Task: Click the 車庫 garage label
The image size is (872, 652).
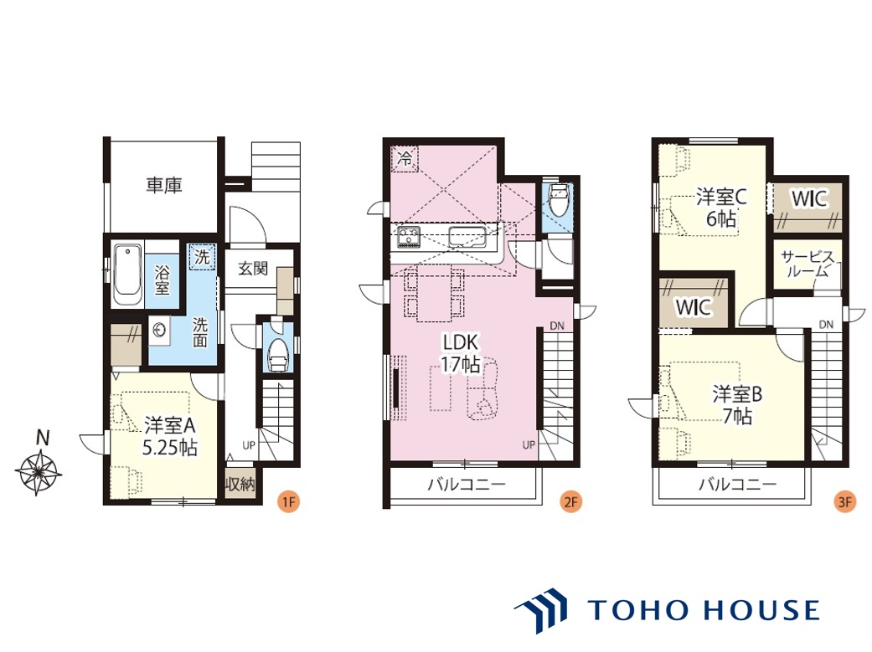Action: point(164,185)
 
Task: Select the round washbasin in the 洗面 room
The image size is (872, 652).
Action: point(160,331)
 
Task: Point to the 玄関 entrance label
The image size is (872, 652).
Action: point(253,269)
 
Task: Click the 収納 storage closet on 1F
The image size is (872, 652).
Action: point(240,484)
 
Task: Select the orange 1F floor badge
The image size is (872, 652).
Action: point(288,502)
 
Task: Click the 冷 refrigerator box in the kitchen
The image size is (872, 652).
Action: point(405,159)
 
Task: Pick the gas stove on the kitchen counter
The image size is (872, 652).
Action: point(409,238)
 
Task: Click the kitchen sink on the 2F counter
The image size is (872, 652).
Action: point(467,238)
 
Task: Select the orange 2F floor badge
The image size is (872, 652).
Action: point(571,502)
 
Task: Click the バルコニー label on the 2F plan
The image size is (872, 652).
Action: point(467,485)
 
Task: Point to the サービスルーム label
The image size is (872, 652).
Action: point(808,264)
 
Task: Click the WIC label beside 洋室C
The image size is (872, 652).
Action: point(810,198)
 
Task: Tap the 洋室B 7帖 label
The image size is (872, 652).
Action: point(737,404)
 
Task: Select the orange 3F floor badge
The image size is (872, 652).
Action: point(844,502)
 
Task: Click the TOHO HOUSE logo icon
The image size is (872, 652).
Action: point(541,610)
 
